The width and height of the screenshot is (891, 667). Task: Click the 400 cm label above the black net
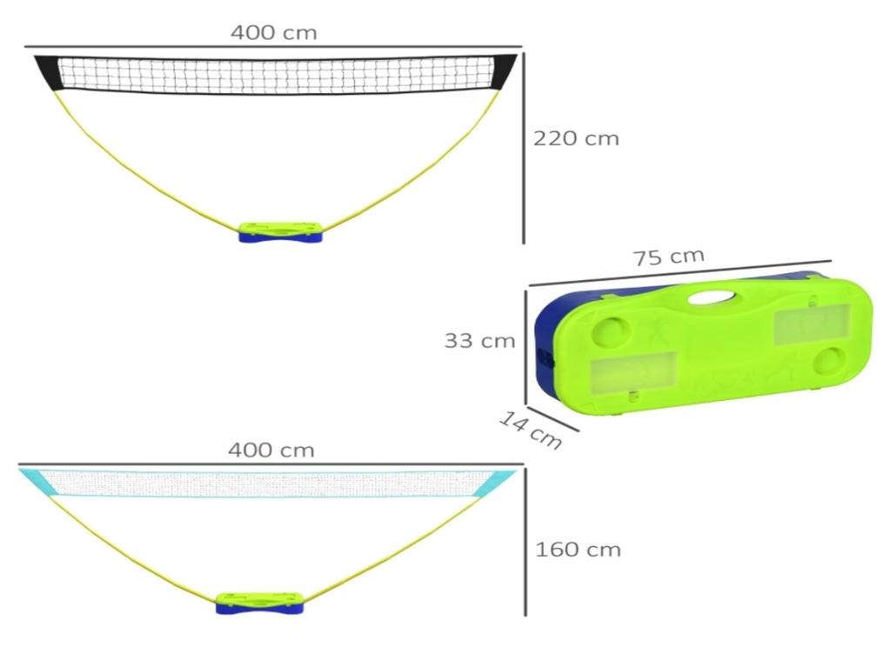pos(273,32)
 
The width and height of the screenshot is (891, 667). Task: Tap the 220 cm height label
pos(576,138)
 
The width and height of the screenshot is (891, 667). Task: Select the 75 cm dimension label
pos(669,257)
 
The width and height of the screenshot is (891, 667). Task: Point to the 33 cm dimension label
pos(479,341)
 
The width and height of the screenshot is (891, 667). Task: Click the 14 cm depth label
pos(530,430)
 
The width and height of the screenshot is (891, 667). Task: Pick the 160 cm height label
pos(578,550)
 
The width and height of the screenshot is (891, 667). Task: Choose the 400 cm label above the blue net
pos(271,450)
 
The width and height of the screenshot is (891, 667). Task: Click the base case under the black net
pos(281,232)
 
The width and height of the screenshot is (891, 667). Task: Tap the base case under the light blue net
pos(259,604)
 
